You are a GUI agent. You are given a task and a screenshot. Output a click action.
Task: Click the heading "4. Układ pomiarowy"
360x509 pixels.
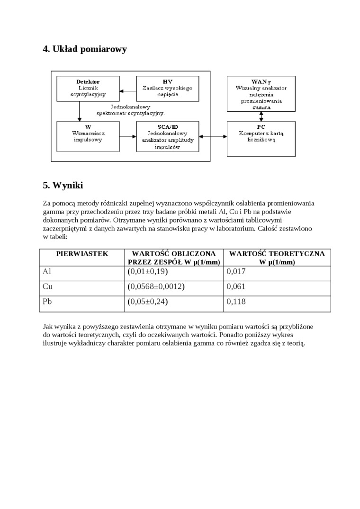click(85, 49)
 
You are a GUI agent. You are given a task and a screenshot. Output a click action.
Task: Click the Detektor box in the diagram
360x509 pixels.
click(88, 88)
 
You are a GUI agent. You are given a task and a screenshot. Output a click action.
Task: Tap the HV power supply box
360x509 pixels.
click(167, 88)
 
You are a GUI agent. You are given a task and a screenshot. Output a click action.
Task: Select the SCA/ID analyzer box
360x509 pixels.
click(167, 136)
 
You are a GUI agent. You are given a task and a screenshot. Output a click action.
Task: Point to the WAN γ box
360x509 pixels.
click(261, 94)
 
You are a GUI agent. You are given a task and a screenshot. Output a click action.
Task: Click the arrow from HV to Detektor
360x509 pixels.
click(127, 90)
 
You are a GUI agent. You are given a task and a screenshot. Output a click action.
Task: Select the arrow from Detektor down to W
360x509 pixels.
click(80, 111)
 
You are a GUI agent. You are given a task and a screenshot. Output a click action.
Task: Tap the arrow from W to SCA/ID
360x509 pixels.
click(127, 136)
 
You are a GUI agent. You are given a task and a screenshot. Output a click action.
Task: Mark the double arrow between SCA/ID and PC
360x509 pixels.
click(213, 136)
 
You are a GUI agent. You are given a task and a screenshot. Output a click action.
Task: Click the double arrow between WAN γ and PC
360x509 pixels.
click(261, 116)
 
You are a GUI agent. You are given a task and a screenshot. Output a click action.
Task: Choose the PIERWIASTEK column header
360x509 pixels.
click(82, 254)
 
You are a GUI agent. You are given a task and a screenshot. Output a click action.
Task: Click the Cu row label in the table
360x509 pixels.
click(47, 286)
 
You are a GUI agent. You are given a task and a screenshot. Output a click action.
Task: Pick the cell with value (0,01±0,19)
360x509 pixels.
click(148, 272)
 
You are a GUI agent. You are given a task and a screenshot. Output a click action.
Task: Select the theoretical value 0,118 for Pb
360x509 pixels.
click(236, 302)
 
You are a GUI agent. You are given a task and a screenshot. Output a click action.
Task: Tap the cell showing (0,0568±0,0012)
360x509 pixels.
click(156, 286)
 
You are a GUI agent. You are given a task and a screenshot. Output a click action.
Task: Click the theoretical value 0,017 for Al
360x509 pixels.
click(236, 272)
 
